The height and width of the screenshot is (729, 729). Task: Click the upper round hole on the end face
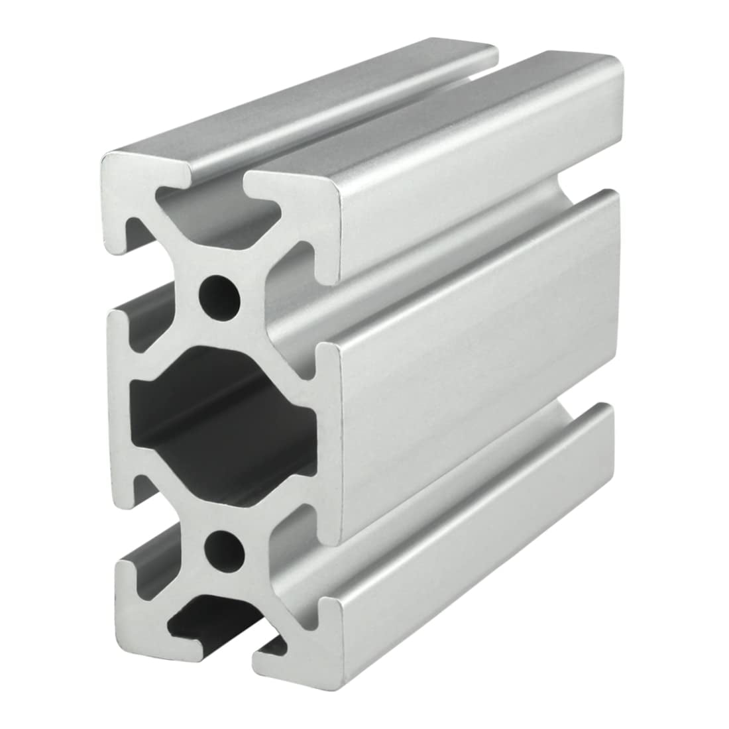point(219,290)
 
